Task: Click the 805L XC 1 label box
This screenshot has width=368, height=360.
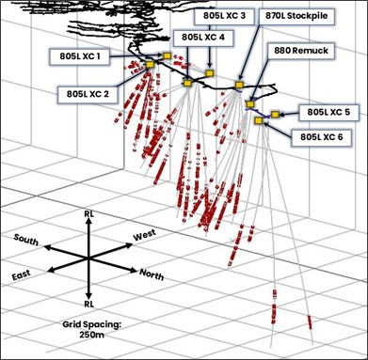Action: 82,55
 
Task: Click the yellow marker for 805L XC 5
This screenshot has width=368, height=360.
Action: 275,115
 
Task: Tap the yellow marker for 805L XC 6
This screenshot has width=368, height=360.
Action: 258,121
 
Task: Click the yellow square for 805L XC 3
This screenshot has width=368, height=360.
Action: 210,73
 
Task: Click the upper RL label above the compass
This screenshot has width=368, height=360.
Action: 88,216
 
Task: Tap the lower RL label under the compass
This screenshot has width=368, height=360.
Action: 88,305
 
